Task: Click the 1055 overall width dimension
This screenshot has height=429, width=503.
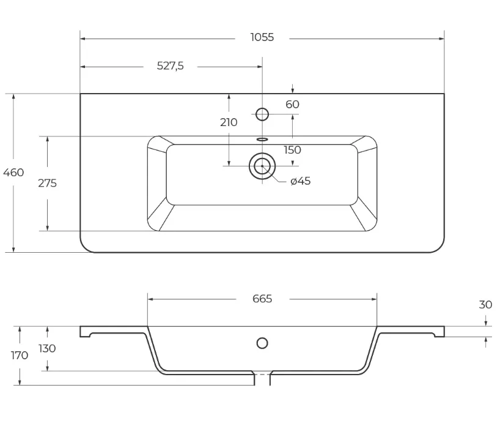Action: (x=262, y=37)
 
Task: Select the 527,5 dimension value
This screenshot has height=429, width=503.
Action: (x=170, y=66)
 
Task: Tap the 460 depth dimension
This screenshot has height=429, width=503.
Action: (x=13, y=173)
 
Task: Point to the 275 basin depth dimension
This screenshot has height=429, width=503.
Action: (x=47, y=183)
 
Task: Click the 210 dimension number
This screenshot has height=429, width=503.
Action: (x=229, y=122)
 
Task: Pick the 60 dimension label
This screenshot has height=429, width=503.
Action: (x=292, y=105)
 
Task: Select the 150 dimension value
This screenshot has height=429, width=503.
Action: (x=292, y=150)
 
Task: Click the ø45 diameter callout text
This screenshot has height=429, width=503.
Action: (x=301, y=181)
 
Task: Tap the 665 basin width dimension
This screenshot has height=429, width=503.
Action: (x=262, y=299)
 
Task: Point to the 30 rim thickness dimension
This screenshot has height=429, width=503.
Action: (x=485, y=305)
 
